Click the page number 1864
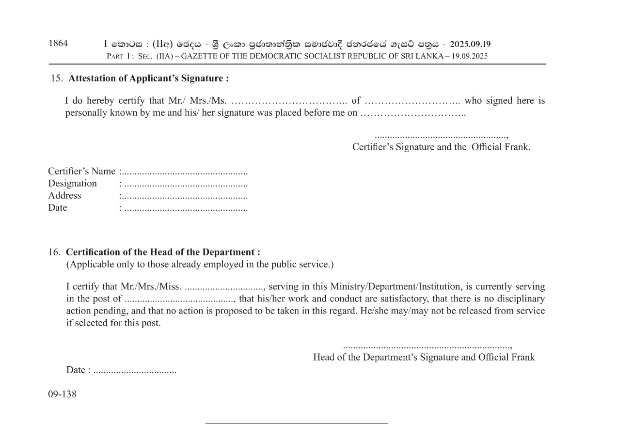[58, 43]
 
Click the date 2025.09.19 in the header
[470, 45]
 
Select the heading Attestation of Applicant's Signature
[148, 78]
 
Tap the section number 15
[57, 78]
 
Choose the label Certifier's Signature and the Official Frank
[441, 147]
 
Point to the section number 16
[54, 252]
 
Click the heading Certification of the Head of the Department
[163, 252]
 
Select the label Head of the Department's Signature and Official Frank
[424, 357]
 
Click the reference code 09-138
[62, 394]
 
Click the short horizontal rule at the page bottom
[296, 423]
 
